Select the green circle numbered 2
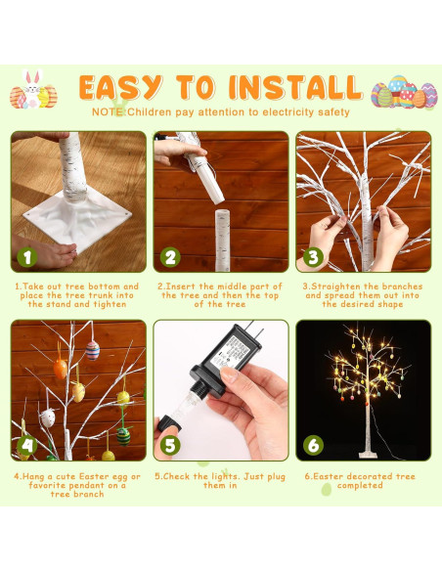(x=171, y=257)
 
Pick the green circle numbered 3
(x=314, y=257)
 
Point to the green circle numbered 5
(x=171, y=445)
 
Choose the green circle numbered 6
(x=314, y=445)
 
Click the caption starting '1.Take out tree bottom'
(x=76, y=295)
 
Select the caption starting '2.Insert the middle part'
(x=220, y=295)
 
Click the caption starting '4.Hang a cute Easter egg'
(x=76, y=485)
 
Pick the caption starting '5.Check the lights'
(x=220, y=480)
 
